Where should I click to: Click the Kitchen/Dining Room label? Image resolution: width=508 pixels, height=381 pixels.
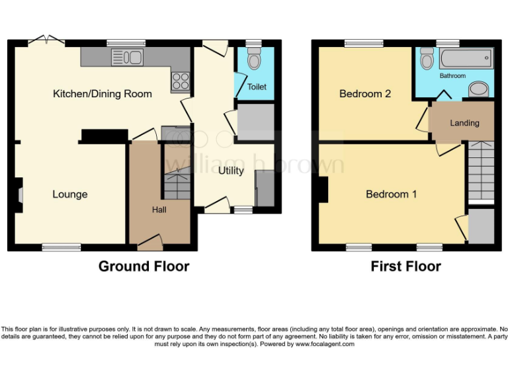tap(103, 94)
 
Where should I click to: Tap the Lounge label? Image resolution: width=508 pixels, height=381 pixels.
tap(70, 194)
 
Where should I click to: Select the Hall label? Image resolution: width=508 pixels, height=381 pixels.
tap(159, 210)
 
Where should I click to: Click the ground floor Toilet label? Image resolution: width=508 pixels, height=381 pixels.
tap(257, 87)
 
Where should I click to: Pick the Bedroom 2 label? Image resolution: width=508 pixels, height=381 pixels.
tap(365, 94)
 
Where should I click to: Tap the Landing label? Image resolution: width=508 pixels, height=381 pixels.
tap(464, 123)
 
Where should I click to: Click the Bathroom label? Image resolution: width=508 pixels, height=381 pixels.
tap(453, 76)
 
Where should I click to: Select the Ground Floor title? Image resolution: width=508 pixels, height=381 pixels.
tap(144, 267)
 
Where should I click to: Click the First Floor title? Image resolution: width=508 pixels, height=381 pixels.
tap(405, 267)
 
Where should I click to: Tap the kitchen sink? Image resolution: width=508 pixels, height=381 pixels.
tap(128, 58)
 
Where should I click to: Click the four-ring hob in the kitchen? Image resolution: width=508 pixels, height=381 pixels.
tap(181, 81)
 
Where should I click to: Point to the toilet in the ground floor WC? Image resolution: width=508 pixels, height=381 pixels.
tap(253, 61)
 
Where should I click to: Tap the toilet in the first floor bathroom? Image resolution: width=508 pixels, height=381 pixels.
tap(427, 61)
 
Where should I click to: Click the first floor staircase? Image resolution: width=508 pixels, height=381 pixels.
tap(481, 173)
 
